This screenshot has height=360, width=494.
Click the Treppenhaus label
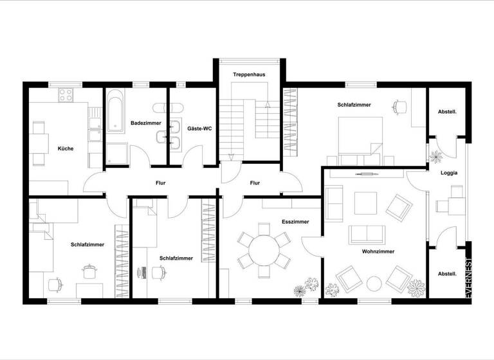click(x=250, y=75)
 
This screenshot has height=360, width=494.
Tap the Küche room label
click(x=66, y=148)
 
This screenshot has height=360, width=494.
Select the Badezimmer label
click(x=145, y=122)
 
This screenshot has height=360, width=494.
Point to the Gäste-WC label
click(x=199, y=129)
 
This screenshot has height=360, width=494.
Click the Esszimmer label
click(x=295, y=221)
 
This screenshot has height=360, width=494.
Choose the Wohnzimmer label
click(x=378, y=251)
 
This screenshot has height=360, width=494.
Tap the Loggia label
click(x=449, y=173)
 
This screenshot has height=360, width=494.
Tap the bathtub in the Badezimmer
click(x=116, y=116)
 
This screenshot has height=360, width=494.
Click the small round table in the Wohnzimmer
click(x=373, y=282)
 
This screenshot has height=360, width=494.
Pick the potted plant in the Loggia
click(x=437, y=156)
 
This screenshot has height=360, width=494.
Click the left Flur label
click(x=160, y=183)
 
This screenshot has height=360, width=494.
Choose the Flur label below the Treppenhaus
click(x=255, y=183)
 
